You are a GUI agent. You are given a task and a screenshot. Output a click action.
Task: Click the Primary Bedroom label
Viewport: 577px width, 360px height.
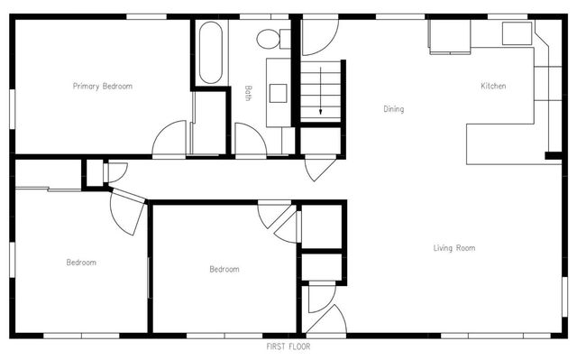click(x=103, y=87)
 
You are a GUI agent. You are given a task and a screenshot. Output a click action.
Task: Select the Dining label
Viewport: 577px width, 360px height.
click(x=393, y=109)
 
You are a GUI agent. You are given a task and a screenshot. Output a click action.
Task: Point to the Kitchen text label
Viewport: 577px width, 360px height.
click(x=493, y=86)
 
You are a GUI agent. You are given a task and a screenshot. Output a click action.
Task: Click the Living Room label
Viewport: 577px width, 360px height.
click(x=453, y=247)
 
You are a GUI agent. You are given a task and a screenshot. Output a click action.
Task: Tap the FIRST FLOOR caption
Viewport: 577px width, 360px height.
click(x=288, y=346)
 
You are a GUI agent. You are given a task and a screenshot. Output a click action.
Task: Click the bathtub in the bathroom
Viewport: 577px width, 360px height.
click(x=210, y=52)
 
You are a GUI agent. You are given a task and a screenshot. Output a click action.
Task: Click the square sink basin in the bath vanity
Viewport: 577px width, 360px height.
click(x=278, y=92)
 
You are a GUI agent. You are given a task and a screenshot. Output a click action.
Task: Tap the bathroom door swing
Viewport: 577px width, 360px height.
click(x=250, y=140)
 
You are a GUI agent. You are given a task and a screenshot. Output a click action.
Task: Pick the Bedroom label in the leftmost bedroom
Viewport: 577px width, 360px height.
click(x=81, y=263)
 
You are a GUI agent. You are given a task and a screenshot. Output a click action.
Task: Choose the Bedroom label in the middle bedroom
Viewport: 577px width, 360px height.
click(x=224, y=269)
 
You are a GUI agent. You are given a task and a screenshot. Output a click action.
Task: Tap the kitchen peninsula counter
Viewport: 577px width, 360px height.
click(x=505, y=143)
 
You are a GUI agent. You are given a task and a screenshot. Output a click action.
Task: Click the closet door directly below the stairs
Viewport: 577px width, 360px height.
click(x=318, y=168)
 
